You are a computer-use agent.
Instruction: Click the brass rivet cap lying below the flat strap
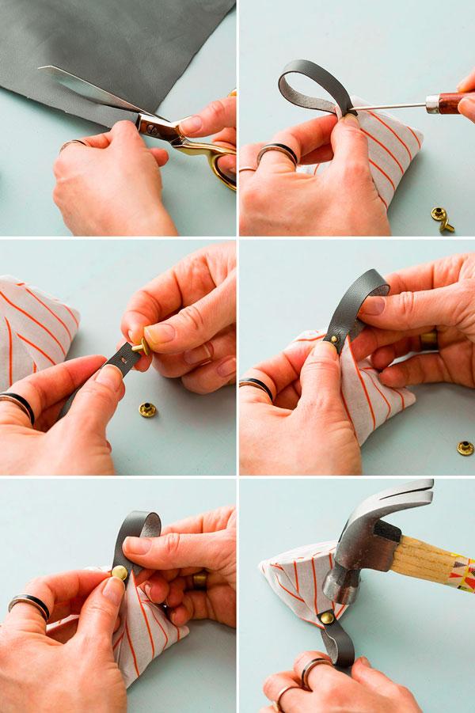(147, 409)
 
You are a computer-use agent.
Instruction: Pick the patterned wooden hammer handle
(431, 566)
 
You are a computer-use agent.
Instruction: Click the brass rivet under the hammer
(326, 616)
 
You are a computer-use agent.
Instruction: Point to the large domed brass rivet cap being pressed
(120, 572)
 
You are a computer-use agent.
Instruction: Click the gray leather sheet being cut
(79, 47)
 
